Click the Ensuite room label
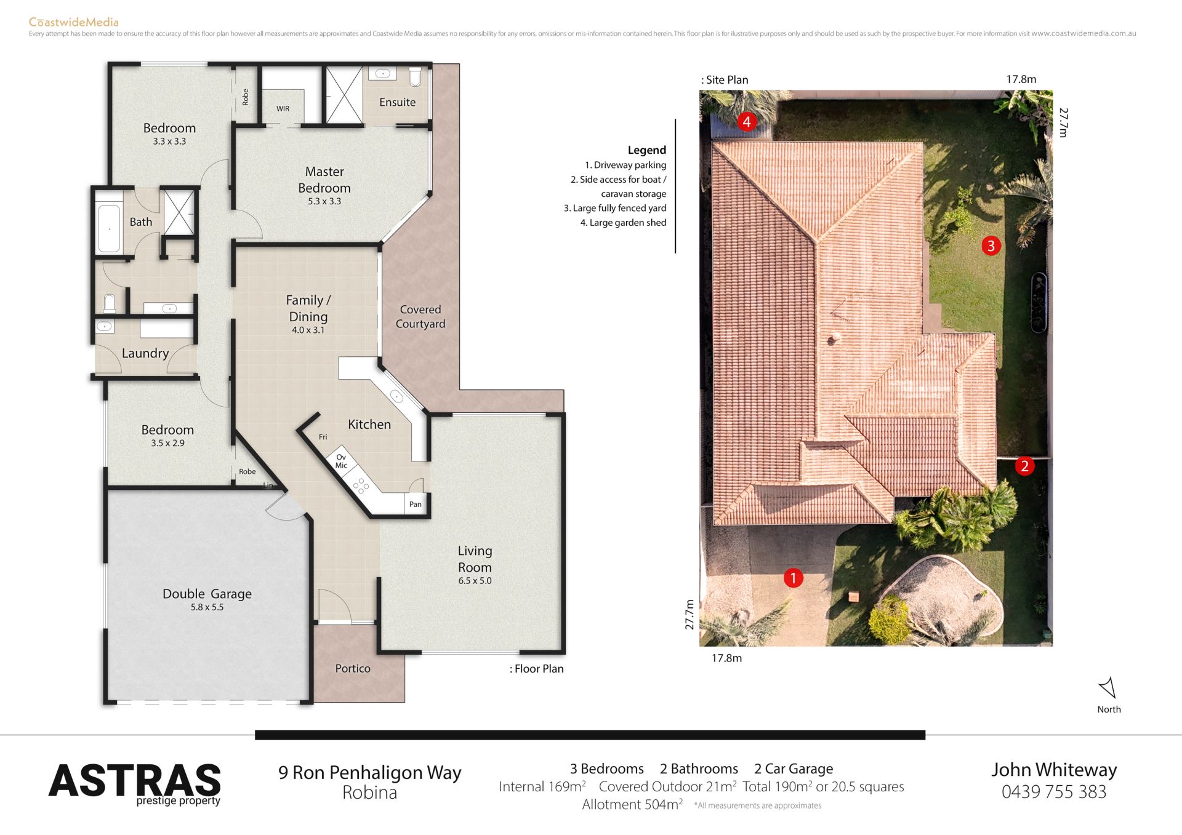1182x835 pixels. [397, 102]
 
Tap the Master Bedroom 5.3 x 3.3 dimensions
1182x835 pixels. [324, 201]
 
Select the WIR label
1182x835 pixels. [283, 109]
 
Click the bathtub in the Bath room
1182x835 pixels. [110, 228]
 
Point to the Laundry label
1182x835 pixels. [145, 353]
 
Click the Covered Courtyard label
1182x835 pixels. [420, 316]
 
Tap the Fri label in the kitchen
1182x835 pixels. [323, 437]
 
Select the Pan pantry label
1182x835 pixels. [416, 505]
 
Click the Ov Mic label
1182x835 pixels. [341, 461]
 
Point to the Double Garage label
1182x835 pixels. [207, 594]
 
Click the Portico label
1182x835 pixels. [353, 668]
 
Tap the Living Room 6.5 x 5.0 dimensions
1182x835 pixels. [475, 581]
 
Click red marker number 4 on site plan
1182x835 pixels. [747, 122]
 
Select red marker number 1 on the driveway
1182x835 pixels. [793, 578]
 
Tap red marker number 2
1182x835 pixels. [1024, 466]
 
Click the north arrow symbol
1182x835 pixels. [1108, 687]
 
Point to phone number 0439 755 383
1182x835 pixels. [1054, 792]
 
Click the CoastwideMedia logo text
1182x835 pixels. [74, 22]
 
